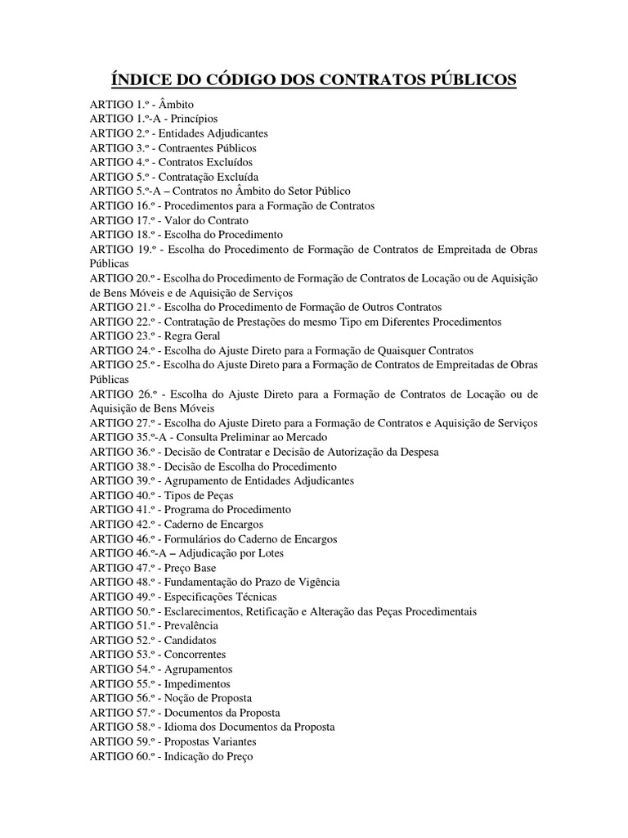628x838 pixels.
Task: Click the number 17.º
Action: [142, 220]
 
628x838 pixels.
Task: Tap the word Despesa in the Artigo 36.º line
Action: [419, 452]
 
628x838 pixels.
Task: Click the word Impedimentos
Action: [197, 683]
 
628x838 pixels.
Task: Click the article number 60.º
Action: [142, 756]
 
